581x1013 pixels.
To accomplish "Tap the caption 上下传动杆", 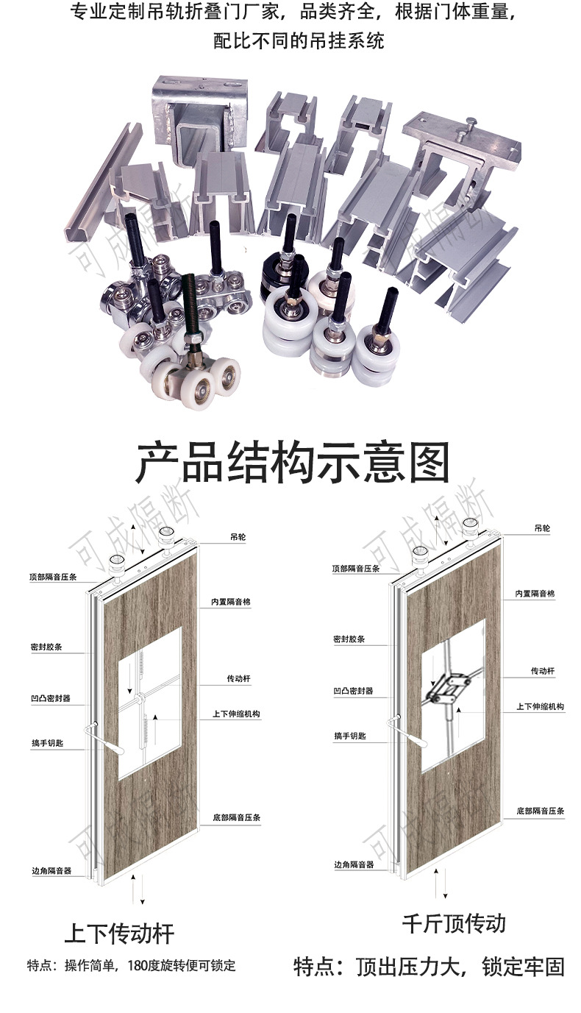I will tap(119, 934).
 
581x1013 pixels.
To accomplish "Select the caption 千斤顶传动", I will tap(454, 923).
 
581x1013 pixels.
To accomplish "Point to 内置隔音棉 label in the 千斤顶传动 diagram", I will tap(535, 594).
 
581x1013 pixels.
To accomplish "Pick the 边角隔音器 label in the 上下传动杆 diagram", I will tap(47, 870).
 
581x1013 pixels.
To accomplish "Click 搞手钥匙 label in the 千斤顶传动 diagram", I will tap(349, 736).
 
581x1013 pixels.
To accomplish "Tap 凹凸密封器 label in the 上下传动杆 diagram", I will tap(46, 698).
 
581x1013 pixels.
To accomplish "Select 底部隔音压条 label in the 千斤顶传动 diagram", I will tap(540, 811).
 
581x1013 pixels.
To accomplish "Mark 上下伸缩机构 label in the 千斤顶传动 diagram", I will tap(540, 706).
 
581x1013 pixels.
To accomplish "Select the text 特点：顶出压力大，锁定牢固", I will tap(429, 966).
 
